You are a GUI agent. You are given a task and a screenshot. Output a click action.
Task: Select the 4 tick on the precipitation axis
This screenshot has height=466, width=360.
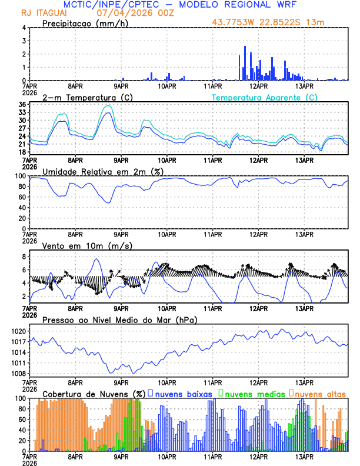pyautogui.click(x=24, y=28)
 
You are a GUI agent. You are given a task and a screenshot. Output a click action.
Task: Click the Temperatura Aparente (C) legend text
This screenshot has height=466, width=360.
pyautogui.click(x=265, y=97)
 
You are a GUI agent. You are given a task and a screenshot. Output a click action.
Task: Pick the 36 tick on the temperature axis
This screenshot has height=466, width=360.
pyautogui.click(x=22, y=105)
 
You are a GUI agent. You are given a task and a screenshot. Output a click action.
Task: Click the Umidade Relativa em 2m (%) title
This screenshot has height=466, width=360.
pyautogui.click(x=103, y=171)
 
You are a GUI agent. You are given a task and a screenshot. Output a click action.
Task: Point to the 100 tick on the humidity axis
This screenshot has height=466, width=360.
pyautogui.click(x=20, y=176)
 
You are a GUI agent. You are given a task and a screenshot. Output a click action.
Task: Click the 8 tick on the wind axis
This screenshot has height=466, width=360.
pyautogui.click(x=24, y=257)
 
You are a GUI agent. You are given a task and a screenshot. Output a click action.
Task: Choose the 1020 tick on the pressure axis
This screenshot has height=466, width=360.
pyautogui.click(x=18, y=331)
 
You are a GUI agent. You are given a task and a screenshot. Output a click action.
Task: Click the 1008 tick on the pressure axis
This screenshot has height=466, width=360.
pyautogui.click(x=18, y=374)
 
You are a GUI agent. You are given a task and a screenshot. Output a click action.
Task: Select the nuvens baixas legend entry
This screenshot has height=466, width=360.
pyautogui.click(x=184, y=393)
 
